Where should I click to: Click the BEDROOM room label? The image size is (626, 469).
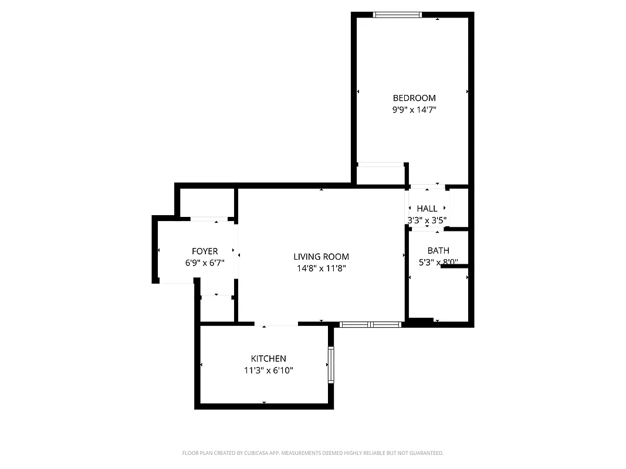pyautogui.click(x=414, y=98)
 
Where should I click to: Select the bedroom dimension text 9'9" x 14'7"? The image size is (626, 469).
pyautogui.click(x=414, y=110)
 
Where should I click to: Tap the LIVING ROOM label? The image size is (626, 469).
pyautogui.click(x=321, y=257)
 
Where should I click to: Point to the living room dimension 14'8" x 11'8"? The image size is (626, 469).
pyautogui.click(x=321, y=269)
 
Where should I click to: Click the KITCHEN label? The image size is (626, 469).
pyautogui.click(x=268, y=359)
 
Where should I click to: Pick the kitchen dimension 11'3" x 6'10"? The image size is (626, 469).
pyautogui.click(x=268, y=371)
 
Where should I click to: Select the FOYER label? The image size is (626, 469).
pyautogui.click(x=205, y=252)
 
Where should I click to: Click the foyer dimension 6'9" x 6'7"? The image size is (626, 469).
pyautogui.click(x=205, y=263)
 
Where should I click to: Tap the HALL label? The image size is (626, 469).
pyautogui.click(x=427, y=209)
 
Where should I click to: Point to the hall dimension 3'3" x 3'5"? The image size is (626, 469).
pyautogui.click(x=427, y=220)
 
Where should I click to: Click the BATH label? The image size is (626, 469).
pyautogui.click(x=438, y=251)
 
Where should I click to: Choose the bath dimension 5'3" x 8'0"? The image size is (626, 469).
pyautogui.click(x=438, y=263)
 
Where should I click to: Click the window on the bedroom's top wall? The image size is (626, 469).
pyautogui.click(x=397, y=15)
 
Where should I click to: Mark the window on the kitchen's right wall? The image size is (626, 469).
pyautogui.click(x=331, y=365)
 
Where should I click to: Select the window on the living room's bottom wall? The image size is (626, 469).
pyautogui.click(x=371, y=324)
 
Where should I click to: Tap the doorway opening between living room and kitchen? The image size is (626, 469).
pyautogui.click(x=276, y=324)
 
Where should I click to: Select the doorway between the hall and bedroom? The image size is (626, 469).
pyautogui.click(x=427, y=187)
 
